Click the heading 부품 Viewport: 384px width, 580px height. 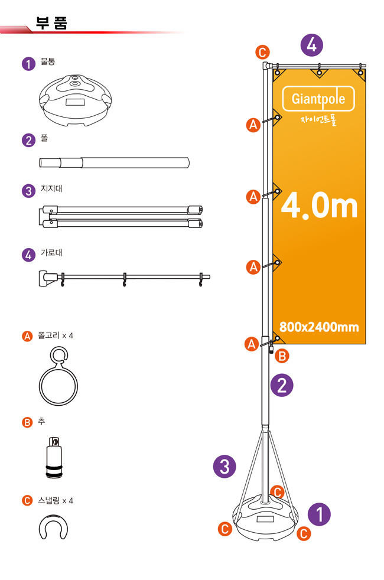click(x=51, y=23)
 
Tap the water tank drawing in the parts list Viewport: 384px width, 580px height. click(x=76, y=100)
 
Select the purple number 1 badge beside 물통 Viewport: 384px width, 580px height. click(x=28, y=64)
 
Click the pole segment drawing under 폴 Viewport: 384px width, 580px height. click(x=114, y=163)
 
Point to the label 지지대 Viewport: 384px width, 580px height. click(x=51, y=188)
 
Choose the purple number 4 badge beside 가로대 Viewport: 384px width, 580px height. click(x=28, y=255)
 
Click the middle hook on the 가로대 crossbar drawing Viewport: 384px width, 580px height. click(x=125, y=280)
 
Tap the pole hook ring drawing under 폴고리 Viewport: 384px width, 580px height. click(x=58, y=376)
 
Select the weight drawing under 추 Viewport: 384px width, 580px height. click(x=54, y=458)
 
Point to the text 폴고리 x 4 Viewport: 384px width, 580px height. click(x=56, y=335)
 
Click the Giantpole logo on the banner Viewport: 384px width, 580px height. click(x=318, y=99)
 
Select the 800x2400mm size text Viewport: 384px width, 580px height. click(x=319, y=327)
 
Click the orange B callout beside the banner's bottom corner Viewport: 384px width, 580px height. click(x=282, y=356)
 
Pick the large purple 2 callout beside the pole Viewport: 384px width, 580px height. click(x=282, y=385)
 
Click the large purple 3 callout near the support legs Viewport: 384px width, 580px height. click(x=224, y=466)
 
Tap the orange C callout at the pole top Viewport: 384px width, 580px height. click(x=262, y=52)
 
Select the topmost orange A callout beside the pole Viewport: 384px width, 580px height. click(x=253, y=125)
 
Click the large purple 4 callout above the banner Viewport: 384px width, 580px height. click(x=311, y=45)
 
